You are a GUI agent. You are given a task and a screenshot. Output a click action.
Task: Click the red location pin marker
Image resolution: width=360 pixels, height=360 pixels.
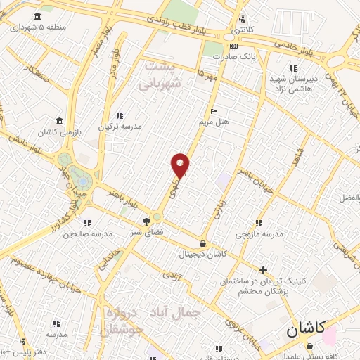tap(181, 165)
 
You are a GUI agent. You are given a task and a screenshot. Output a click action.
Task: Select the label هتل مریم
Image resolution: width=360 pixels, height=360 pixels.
tap(214, 122)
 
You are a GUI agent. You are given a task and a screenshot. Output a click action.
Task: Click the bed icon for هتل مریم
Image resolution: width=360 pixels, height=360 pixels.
tap(214, 111)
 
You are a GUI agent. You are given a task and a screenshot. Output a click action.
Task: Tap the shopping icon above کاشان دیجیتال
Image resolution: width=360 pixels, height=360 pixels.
tap(202, 243)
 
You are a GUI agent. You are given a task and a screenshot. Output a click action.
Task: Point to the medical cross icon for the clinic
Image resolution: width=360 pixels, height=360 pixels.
tap(263, 270)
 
